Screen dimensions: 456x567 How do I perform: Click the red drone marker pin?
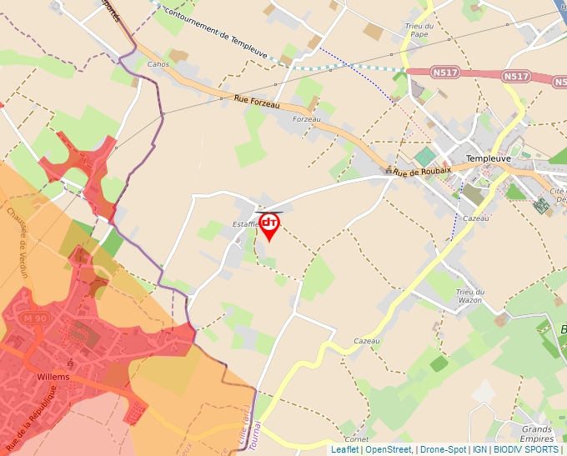[269, 225]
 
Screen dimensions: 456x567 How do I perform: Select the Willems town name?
[53, 377]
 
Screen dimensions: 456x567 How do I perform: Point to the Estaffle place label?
[245, 224]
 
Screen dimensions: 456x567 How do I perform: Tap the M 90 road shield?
[35, 318]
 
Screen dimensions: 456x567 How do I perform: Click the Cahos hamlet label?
[158, 64]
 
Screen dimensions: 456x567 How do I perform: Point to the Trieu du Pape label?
[417, 30]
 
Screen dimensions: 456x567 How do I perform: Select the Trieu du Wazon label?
[469, 295]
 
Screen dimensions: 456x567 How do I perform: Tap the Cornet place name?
[356, 438]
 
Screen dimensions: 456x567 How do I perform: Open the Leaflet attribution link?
[344, 449]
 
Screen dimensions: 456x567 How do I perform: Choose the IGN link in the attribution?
[479, 449]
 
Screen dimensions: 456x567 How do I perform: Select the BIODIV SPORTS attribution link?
[525, 449]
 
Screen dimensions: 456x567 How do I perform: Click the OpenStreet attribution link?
[389, 449]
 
